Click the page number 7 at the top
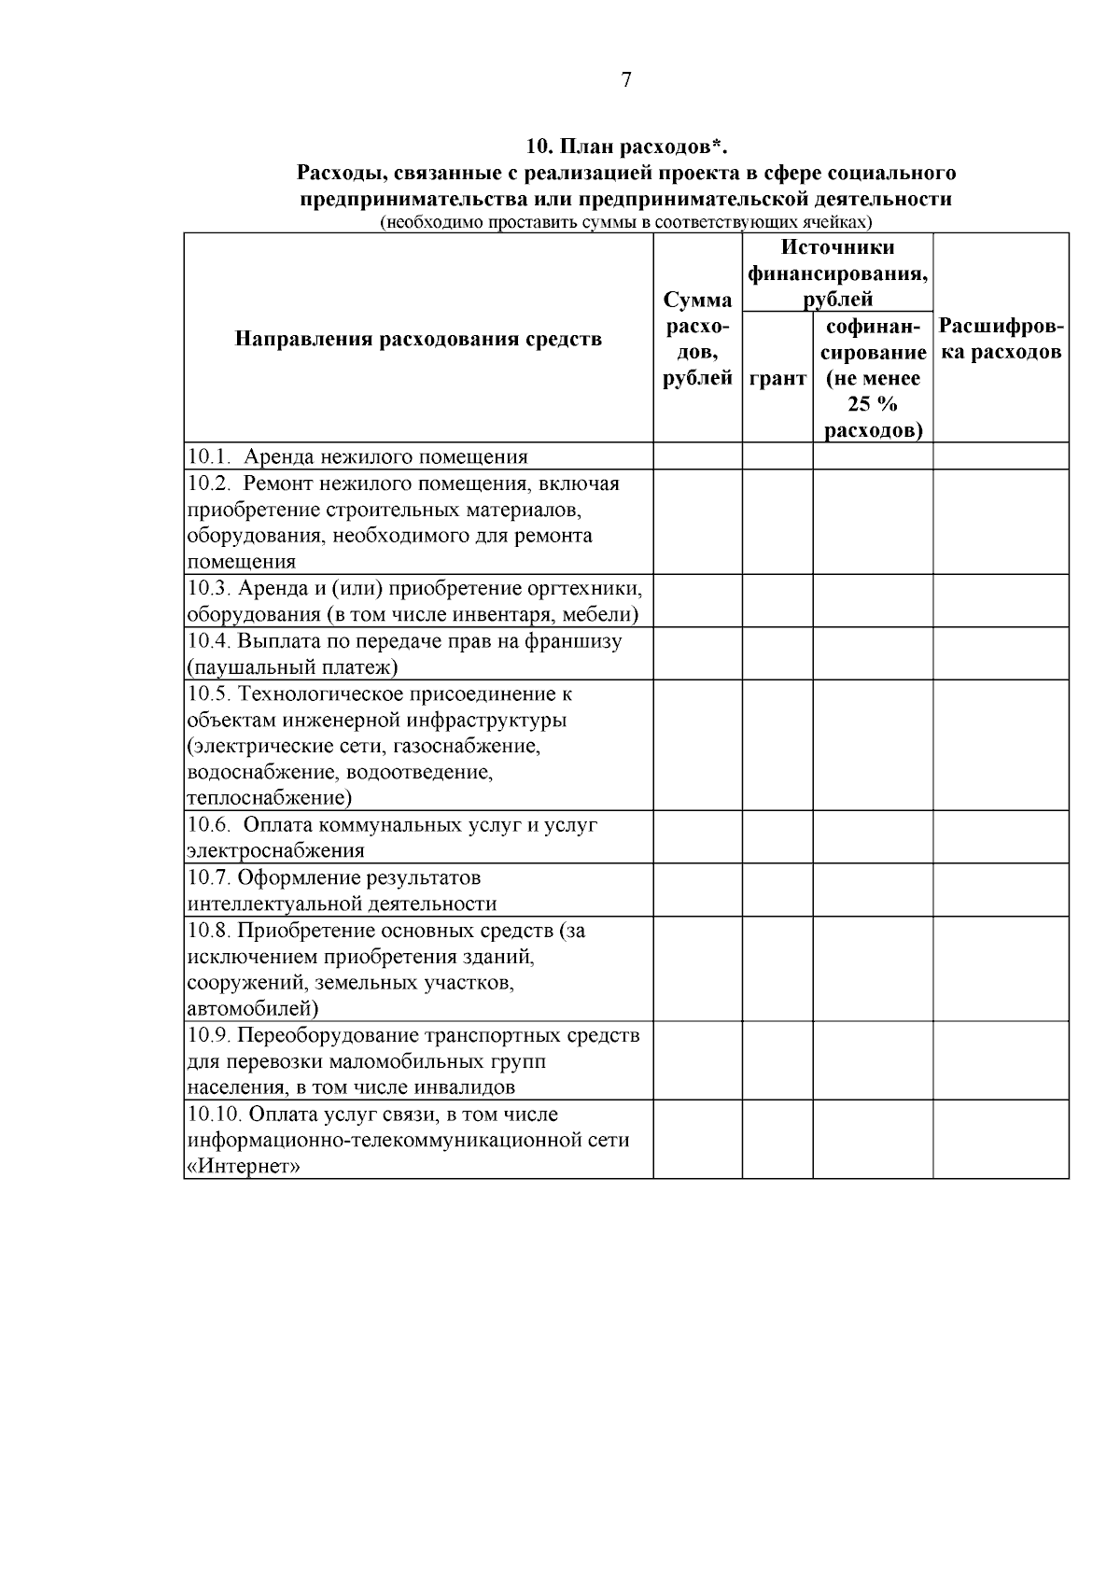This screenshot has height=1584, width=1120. pyautogui.click(x=625, y=80)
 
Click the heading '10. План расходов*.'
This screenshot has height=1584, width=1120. pyautogui.click(x=625, y=147)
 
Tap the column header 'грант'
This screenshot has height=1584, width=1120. pyautogui.click(x=777, y=379)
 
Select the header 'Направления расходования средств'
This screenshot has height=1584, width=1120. pyautogui.click(x=418, y=339)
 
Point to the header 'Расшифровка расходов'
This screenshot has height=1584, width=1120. pyautogui.click(x=1001, y=339)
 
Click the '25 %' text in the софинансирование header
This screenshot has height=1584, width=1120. pyautogui.click(x=873, y=404)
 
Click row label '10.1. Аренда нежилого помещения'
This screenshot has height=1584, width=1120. pyautogui.click(x=357, y=457)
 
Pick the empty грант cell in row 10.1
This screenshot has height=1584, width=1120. pyautogui.click(x=777, y=456)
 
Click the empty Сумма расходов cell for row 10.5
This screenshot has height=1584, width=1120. pyautogui.click(x=697, y=745)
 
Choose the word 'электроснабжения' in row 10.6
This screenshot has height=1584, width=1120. pyautogui.click(x=276, y=851)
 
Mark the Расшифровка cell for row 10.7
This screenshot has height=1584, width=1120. pyautogui.click(x=1001, y=890)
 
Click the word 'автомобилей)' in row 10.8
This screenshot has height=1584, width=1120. pyautogui.click(x=253, y=1009)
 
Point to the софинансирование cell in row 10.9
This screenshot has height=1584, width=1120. pyautogui.click(x=873, y=1061)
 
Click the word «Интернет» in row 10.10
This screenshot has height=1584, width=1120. pyautogui.click(x=244, y=1167)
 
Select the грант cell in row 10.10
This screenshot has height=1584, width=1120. pyautogui.click(x=777, y=1140)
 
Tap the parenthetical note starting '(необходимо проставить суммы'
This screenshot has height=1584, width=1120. pyautogui.click(x=625, y=223)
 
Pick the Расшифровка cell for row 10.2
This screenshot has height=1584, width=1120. pyautogui.click(x=1001, y=522)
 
